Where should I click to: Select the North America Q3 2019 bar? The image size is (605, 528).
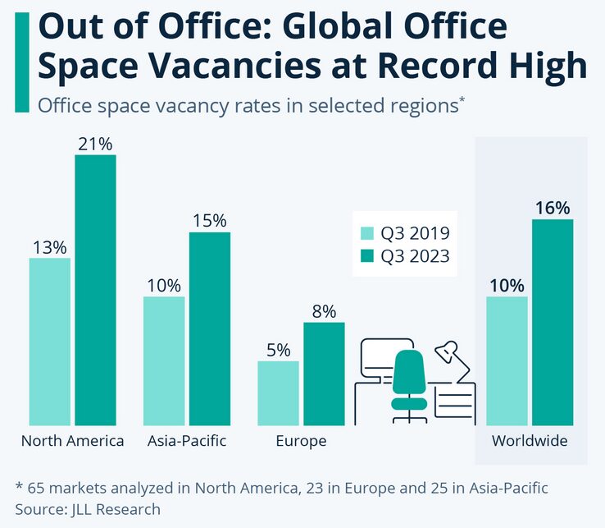pyautogui.click(x=49, y=341)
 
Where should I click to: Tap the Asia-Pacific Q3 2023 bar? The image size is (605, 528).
pyautogui.click(x=210, y=328)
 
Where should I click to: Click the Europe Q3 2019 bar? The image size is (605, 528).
pyautogui.click(x=278, y=393)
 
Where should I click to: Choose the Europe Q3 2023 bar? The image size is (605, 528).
pyautogui.click(x=324, y=373)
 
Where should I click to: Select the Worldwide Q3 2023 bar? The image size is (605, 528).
pyautogui.click(x=553, y=321)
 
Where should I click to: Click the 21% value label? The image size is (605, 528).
pyautogui.click(x=95, y=144)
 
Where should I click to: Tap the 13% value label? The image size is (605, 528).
pyautogui.click(x=49, y=247)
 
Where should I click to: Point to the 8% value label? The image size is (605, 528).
pyautogui.click(x=324, y=311)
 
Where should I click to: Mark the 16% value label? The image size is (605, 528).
pyautogui.click(x=553, y=208)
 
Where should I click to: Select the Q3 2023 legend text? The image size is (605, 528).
pyautogui.click(x=415, y=255)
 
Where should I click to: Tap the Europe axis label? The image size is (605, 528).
pyautogui.click(x=301, y=441)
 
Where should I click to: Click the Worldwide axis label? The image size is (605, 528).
pyautogui.click(x=530, y=441)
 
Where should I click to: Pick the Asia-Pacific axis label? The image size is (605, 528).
pyautogui.click(x=187, y=441)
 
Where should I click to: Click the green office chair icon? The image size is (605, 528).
pyautogui.click(x=410, y=379)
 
